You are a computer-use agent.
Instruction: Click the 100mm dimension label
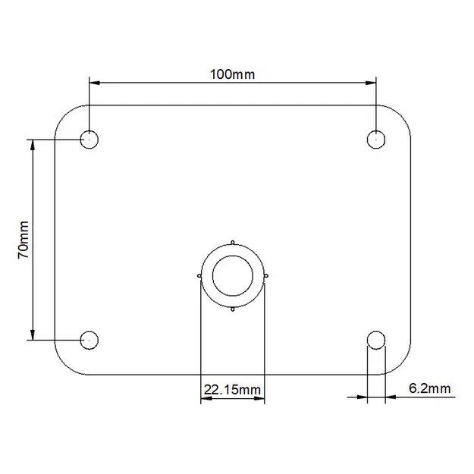[x=233, y=74]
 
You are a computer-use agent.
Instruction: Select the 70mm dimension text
[x=24, y=240]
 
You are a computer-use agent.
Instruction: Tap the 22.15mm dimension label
[x=232, y=390]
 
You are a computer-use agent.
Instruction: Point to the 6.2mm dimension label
[x=429, y=389]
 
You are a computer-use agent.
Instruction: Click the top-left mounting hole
[x=89, y=140]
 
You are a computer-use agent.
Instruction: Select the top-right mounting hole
[x=375, y=140]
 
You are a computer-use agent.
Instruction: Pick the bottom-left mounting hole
[x=89, y=340]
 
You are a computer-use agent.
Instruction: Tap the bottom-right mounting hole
[x=375, y=340]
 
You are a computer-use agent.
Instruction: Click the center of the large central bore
[x=232, y=275]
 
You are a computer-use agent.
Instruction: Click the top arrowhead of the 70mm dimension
[x=33, y=145]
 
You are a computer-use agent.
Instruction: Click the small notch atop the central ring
[x=232, y=243]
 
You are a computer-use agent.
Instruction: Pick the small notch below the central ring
[x=232, y=309]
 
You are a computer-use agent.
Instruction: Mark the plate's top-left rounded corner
[x=64, y=115]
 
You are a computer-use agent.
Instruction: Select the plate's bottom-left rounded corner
[x=64, y=365]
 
